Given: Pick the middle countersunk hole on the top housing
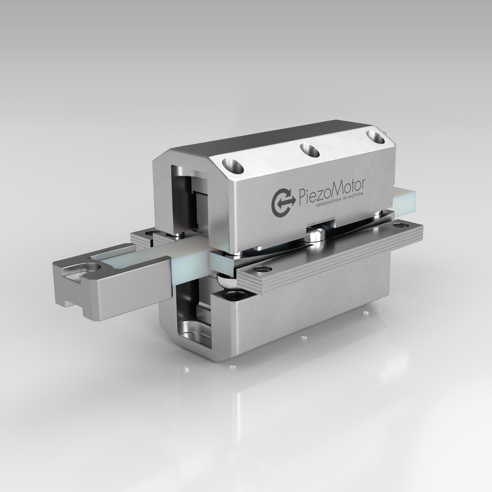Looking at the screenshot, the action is [309, 150].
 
